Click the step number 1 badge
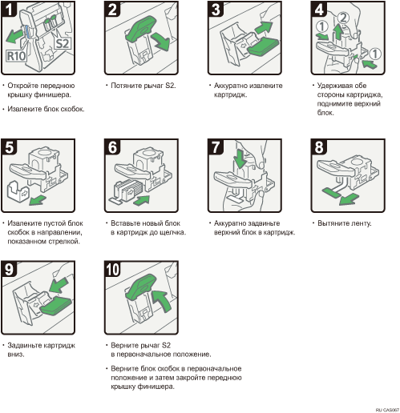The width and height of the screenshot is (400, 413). pos(9,9)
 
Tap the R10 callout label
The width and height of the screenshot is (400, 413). pos(16,56)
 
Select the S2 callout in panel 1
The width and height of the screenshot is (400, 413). pos(63,43)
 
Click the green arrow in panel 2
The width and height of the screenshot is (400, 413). pos(160,41)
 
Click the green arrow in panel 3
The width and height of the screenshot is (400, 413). pos(263,27)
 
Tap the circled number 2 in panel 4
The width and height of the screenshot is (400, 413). pos(343,18)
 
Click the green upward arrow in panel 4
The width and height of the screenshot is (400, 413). pos(338,32)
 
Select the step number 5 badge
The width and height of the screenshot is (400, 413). pos(9,146)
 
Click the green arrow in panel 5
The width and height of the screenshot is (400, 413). pos(38,199)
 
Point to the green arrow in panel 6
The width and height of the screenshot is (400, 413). pos(141,200)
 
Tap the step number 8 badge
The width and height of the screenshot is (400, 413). pos(319,146)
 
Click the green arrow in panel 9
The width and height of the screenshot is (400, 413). pos(59,285)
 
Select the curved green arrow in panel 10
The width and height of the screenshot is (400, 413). pos(163,300)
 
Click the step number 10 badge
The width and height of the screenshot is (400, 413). pos(113,269)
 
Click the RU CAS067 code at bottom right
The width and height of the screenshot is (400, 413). pos(387,410)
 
